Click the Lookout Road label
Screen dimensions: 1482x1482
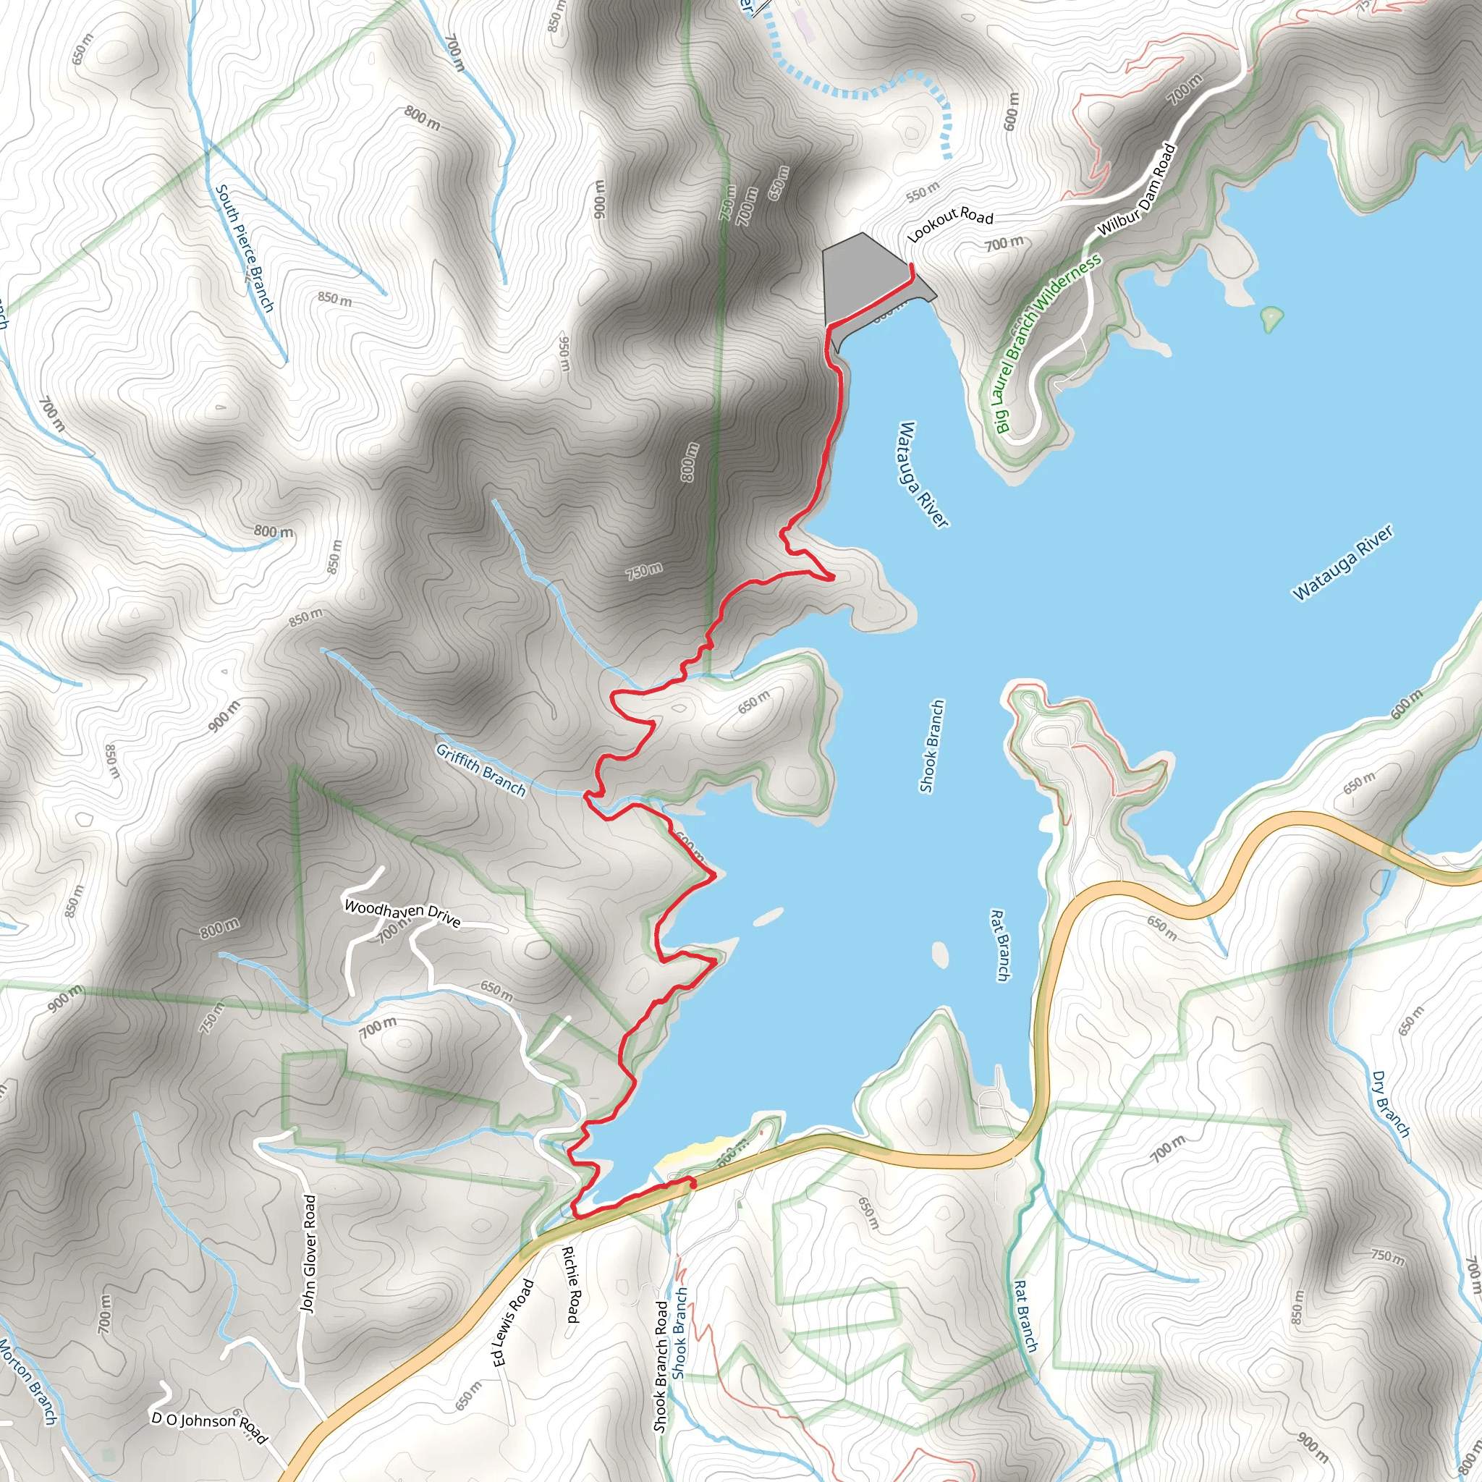point(949,225)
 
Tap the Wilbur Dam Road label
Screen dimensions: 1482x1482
point(1136,190)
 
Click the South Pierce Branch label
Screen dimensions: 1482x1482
point(244,247)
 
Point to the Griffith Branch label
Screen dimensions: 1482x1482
point(481,769)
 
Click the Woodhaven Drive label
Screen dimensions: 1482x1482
point(402,914)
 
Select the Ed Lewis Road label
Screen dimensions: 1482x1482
point(512,1321)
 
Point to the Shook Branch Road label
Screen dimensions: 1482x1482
point(661,1365)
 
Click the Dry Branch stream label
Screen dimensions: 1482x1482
point(1391,1104)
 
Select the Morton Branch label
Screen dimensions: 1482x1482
point(28,1381)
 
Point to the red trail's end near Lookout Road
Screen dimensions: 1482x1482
point(910,266)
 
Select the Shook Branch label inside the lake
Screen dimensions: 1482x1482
point(931,745)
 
